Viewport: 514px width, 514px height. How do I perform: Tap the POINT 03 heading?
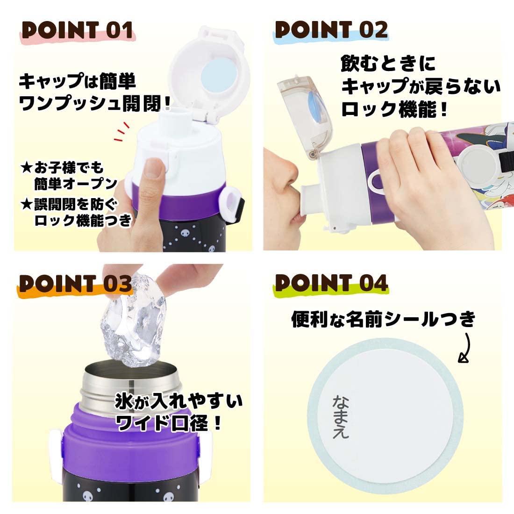[x=75, y=284]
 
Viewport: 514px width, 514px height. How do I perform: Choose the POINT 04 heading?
[x=331, y=284]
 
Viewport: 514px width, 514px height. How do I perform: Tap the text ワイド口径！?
[x=168, y=424]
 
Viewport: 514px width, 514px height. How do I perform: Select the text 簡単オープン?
[x=75, y=183]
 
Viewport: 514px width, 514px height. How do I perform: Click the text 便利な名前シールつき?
[x=383, y=320]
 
